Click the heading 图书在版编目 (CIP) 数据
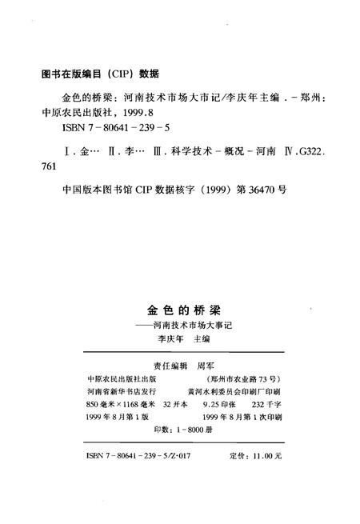point(99,74)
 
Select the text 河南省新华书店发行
point(118,393)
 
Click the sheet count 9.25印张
point(215,406)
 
